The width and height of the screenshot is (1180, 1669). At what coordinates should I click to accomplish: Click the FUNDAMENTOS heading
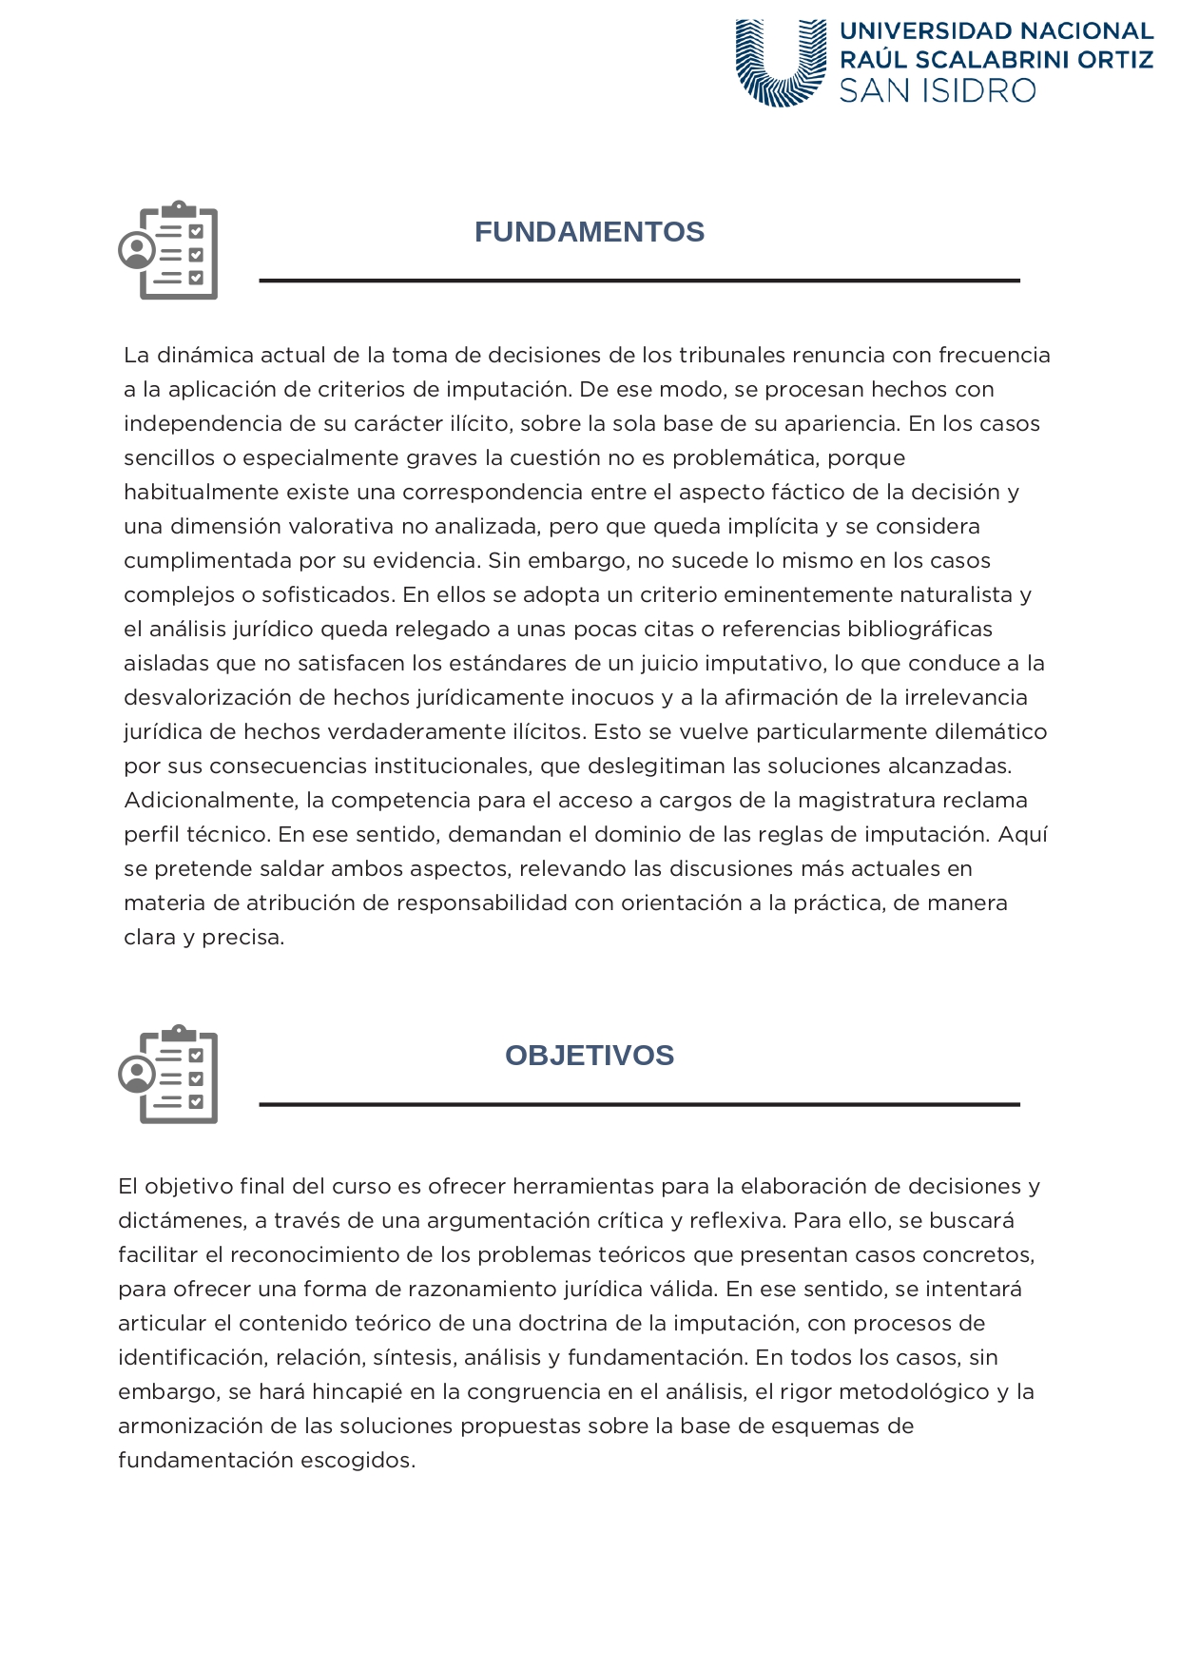[x=590, y=232]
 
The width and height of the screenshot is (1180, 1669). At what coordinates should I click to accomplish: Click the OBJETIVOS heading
[x=590, y=1056]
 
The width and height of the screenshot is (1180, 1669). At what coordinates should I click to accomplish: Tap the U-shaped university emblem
[x=781, y=63]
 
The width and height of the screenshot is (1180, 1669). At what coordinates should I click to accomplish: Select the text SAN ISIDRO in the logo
[x=937, y=91]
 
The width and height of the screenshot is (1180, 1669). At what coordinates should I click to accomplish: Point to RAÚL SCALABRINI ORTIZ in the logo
[x=996, y=60]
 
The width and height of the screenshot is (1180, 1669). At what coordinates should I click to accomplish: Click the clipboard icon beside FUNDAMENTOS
[x=169, y=250]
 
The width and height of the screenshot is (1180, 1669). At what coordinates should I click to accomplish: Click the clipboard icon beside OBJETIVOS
[x=169, y=1074]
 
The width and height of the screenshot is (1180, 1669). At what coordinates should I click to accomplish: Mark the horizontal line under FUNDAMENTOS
[x=639, y=281]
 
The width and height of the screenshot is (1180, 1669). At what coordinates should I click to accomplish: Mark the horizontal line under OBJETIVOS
[x=639, y=1104]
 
